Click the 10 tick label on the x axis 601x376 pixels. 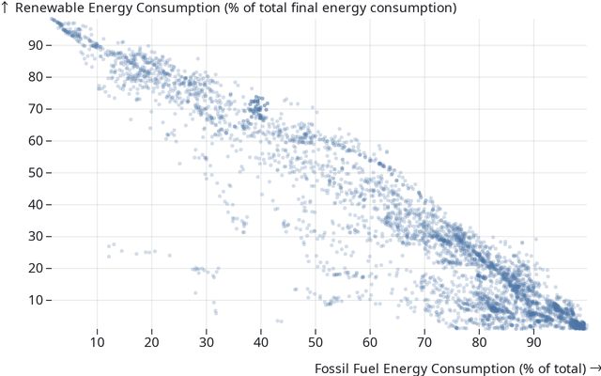[x=98, y=343]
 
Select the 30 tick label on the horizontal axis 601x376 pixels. [x=207, y=343]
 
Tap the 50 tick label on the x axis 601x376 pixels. [x=316, y=343]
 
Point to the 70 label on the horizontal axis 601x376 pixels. [x=424, y=343]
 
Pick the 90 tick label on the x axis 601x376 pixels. [x=533, y=343]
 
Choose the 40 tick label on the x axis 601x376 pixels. [x=261, y=343]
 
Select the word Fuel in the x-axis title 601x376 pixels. [x=369, y=367]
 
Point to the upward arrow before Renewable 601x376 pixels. [x=6, y=8]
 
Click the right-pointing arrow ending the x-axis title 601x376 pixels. [x=593, y=367]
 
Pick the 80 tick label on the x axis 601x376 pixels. [x=479, y=343]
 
